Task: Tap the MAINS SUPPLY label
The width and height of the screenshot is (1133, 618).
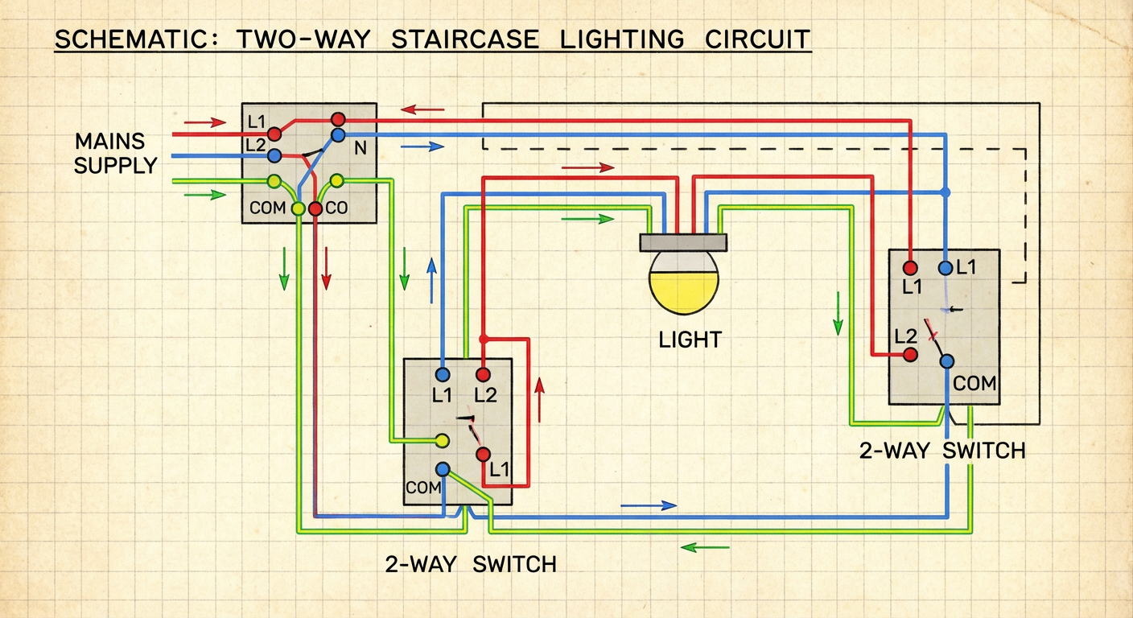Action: [115, 154]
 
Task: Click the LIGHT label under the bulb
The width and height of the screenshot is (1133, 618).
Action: [690, 340]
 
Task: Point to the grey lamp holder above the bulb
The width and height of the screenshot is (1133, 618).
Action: [683, 241]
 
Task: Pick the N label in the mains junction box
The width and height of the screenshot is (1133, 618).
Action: [359, 149]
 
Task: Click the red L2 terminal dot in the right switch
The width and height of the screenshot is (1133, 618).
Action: [910, 354]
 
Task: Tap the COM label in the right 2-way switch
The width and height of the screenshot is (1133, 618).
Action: [974, 384]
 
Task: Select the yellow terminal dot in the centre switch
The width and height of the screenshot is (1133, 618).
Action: [441, 440]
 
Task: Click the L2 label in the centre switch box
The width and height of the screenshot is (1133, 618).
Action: [484, 395]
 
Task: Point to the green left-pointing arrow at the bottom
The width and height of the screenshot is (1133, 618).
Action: [705, 547]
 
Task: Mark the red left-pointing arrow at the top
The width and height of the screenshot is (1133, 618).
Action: [422, 109]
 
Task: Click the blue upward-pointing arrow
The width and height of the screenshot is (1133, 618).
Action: [432, 280]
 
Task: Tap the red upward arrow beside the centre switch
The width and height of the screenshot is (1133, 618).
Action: [539, 400]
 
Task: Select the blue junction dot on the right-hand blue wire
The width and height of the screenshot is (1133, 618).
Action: [946, 192]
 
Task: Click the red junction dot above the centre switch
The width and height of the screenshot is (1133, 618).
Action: [484, 339]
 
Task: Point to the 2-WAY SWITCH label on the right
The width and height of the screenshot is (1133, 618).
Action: [942, 451]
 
